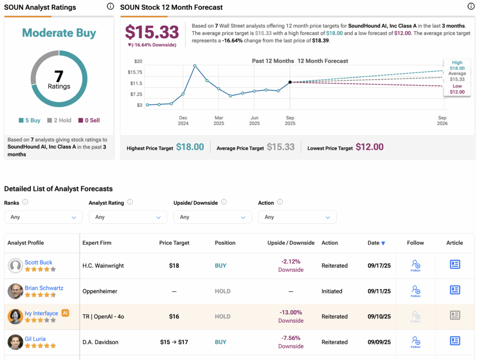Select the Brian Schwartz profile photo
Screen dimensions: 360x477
15,291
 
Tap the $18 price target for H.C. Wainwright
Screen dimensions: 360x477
174,266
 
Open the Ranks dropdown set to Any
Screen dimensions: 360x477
43,217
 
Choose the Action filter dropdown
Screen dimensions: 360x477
297,217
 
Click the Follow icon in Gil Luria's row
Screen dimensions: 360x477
416,342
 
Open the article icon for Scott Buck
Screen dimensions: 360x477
455,265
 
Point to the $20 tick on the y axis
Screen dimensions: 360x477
138,61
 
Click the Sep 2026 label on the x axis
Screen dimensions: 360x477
442,121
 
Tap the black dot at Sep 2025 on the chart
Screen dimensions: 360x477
290,82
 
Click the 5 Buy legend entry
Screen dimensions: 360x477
30,120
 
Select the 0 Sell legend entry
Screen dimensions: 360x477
89,120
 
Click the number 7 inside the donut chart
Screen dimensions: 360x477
59,75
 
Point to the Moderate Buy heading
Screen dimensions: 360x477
59,33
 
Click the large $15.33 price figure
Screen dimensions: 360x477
152,32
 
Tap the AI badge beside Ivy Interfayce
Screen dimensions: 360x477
65,313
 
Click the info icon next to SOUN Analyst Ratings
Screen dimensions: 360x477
110,7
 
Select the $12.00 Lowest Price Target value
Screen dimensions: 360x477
369,147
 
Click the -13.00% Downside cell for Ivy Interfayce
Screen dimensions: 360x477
291,316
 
